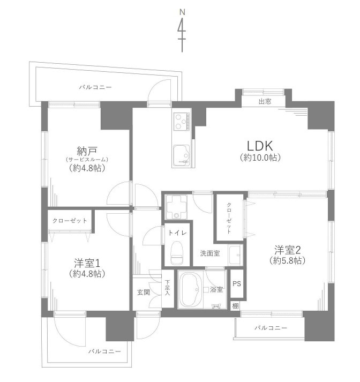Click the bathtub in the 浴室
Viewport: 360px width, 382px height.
point(191,291)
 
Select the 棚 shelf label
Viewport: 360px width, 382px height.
point(235,305)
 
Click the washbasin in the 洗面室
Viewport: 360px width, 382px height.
point(235,254)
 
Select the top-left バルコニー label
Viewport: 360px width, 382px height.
point(95,87)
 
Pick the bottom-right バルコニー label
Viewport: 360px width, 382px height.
point(271,327)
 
